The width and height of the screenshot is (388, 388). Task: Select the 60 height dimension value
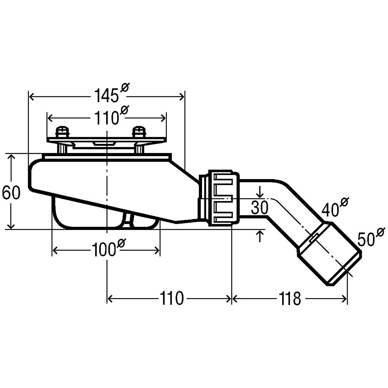11,192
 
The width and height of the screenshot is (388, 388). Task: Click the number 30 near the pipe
260,208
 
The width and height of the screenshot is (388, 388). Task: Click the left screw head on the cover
63,132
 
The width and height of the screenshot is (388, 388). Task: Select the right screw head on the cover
140,132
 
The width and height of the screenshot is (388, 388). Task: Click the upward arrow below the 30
260,236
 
